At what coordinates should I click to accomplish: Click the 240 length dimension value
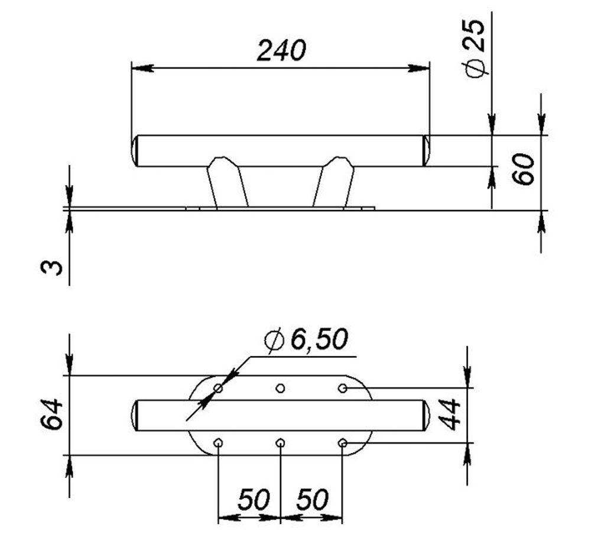[x=281, y=51]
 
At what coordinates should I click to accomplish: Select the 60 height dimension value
[x=524, y=170]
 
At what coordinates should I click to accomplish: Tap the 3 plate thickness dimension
[x=51, y=268]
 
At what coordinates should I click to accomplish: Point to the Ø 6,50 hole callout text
[x=307, y=341]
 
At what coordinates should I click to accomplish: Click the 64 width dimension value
[x=51, y=415]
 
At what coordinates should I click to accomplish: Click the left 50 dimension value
[x=254, y=500]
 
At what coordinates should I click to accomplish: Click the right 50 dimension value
[x=312, y=500]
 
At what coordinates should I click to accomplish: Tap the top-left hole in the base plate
[x=219, y=388]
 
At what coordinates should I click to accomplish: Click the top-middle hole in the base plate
[x=281, y=388]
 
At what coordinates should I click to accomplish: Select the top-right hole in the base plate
[x=342, y=388]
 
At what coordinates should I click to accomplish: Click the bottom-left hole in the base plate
[x=219, y=442]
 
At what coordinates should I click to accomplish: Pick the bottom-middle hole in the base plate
[x=281, y=442]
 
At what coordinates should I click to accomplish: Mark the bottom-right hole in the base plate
[x=342, y=442]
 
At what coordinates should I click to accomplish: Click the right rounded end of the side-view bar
[x=425, y=151]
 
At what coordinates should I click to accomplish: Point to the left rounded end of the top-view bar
[x=135, y=415]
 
